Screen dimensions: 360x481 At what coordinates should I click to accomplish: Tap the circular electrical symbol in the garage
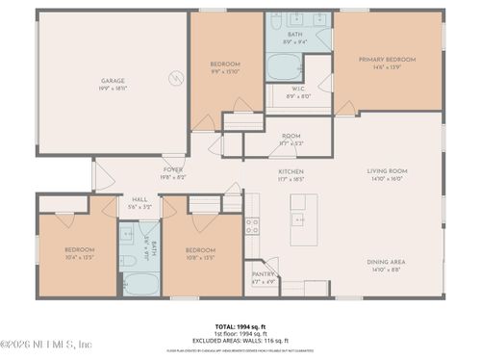click(176, 78)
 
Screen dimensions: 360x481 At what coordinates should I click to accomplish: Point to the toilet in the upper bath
click(275, 21)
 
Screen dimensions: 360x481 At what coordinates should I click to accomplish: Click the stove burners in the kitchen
click(252, 226)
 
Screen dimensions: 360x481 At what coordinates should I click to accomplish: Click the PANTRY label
click(263, 273)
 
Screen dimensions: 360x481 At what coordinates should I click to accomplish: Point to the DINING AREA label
click(385, 262)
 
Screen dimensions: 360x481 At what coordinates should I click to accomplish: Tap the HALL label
click(139, 201)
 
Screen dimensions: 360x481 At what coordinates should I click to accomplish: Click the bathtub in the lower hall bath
click(141, 283)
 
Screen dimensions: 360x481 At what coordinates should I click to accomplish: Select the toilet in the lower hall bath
click(128, 261)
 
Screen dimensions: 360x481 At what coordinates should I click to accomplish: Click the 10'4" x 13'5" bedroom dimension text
click(80, 256)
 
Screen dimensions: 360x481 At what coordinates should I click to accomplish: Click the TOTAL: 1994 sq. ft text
click(240, 326)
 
